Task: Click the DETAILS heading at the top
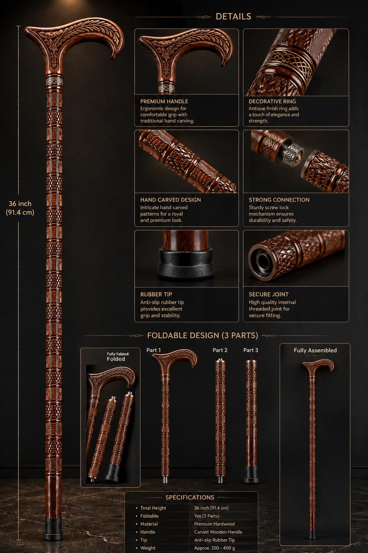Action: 233,17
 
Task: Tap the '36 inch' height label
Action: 20,204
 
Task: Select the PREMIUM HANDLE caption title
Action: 164,101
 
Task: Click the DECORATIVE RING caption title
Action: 272,101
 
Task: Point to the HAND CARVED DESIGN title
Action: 171,200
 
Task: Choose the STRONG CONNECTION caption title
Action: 279,200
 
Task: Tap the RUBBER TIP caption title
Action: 156,294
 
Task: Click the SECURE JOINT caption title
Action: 268,294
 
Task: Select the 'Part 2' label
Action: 220,350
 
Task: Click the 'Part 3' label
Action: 251,350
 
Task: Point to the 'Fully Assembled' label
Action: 315,350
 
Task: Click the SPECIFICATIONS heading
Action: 190,498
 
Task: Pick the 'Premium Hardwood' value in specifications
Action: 214,524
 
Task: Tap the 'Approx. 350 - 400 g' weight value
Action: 214,548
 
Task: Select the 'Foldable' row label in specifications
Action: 149,516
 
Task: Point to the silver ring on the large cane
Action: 54,80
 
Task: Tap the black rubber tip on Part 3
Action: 251,474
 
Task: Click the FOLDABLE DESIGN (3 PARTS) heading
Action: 203,335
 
